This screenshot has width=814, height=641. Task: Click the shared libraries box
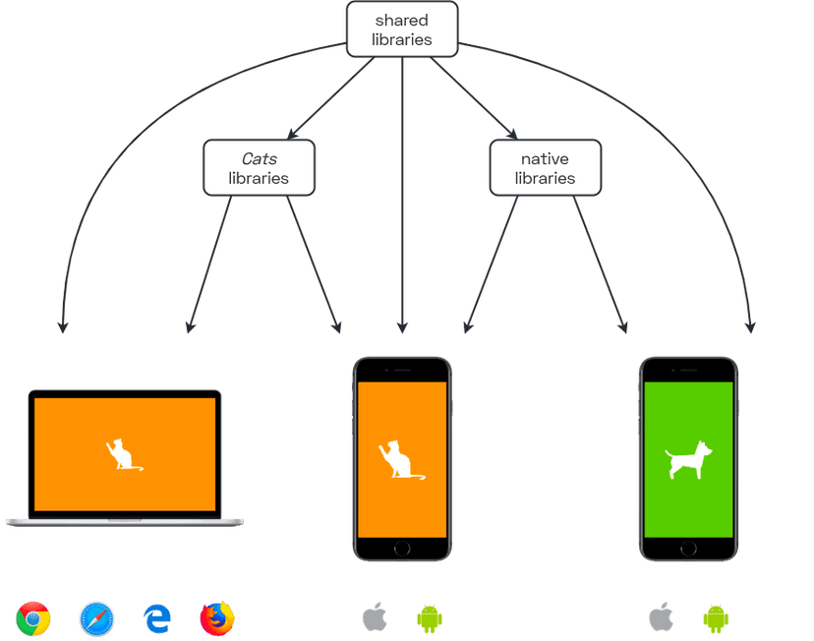coord(402,29)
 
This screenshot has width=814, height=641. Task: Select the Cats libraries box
coord(259,168)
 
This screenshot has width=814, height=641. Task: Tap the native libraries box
coord(545,168)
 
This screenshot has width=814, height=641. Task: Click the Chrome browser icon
coord(33,618)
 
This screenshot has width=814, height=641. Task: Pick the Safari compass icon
coord(96,618)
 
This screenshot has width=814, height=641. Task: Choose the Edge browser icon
coord(157,618)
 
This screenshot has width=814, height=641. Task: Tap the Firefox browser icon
coord(217,618)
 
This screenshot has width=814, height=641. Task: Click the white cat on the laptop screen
coord(121,454)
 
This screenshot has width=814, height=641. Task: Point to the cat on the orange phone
coord(398,460)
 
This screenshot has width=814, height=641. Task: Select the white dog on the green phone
coord(687,459)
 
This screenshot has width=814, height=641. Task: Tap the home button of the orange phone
coord(401,549)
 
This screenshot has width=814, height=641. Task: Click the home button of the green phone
coord(688,549)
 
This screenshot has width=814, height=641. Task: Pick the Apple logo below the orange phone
coord(375,617)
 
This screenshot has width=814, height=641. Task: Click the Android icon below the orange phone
coord(430,617)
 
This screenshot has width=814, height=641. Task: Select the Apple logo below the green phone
coord(661,617)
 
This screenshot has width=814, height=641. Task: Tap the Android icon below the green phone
coord(717,617)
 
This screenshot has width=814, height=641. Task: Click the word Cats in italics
coord(259,158)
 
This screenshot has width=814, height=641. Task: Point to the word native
coord(545,158)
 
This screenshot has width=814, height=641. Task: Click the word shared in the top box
coord(402,20)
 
